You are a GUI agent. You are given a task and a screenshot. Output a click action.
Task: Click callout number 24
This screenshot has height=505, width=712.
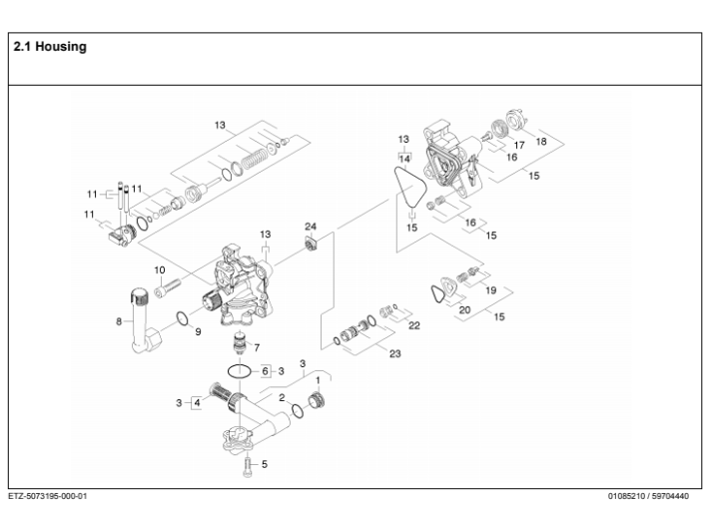[311, 228]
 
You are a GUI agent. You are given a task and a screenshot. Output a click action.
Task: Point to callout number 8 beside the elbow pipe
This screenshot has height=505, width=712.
[119, 321]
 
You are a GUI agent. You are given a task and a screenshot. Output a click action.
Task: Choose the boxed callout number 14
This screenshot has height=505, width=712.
[404, 159]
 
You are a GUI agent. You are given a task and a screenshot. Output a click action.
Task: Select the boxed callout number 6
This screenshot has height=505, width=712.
[266, 370]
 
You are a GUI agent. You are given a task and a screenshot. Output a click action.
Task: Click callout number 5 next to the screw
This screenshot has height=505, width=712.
[265, 464]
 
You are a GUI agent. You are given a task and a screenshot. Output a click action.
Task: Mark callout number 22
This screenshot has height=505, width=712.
[413, 324]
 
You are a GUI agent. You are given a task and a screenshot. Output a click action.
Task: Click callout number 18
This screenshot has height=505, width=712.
[541, 142]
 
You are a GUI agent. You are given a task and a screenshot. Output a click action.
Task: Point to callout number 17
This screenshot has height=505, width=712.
[519, 146]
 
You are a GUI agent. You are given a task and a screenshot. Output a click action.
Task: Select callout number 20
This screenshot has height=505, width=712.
[464, 310]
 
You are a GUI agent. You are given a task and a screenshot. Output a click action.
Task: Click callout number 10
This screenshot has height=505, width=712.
[159, 270]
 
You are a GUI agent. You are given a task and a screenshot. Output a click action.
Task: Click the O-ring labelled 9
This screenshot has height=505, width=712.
[180, 319]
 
